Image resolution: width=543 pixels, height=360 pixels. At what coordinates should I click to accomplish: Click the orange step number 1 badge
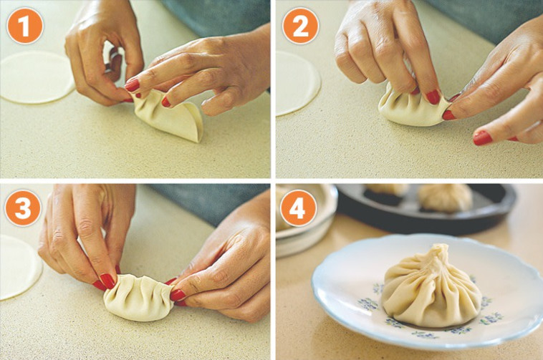(24, 26)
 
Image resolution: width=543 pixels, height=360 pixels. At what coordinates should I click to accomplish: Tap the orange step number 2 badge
(300, 26)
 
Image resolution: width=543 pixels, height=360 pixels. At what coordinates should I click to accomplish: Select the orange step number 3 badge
(23, 208)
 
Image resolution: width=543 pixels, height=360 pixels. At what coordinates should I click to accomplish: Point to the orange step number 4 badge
(298, 208)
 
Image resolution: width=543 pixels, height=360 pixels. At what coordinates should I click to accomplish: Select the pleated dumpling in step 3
(138, 298)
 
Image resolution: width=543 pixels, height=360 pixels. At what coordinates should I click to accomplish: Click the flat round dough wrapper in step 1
(37, 77)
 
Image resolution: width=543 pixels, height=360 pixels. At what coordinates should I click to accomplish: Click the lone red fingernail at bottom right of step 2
(482, 137)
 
